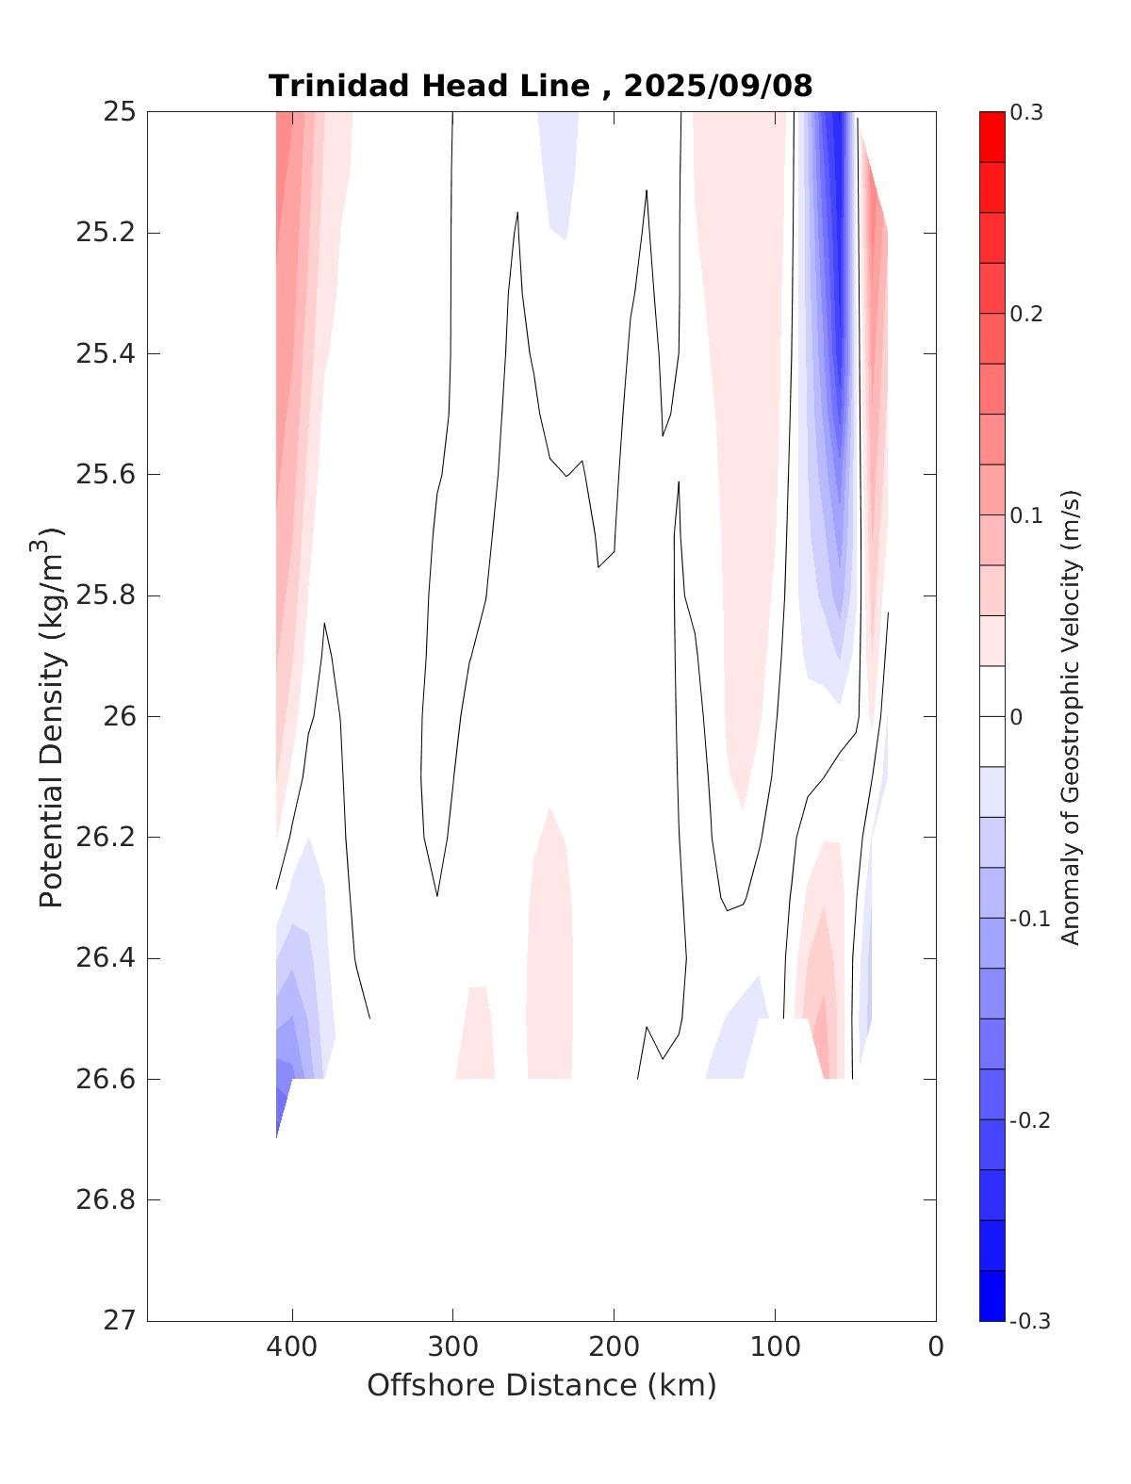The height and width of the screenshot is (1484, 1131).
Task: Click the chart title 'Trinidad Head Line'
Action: tap(429, 86)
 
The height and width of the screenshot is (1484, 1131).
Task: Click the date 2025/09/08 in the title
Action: tap(717, 86)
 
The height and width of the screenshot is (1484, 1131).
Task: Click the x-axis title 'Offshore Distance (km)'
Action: tap(541, 1385)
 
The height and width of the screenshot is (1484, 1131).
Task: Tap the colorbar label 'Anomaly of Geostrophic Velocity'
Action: tap(1070, 716)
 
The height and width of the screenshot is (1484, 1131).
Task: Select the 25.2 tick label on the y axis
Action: tap(106, 233)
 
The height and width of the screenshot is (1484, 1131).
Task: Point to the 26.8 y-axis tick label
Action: tap(106, 1200)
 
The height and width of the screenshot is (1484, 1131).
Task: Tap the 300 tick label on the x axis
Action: tap(453, 1347)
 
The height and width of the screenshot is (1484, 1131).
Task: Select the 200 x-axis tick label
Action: tap(615, 1347)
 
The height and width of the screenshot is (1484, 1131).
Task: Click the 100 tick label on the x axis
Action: tap(776, 1347)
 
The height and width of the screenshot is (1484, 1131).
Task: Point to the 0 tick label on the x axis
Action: tap(936, 1347)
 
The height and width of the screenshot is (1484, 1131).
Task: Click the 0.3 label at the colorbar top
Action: tap(1026, 113)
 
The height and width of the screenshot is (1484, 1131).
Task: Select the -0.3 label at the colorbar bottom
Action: tap(1029, 1321)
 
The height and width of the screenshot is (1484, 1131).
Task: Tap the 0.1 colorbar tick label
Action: tap(1026, 515)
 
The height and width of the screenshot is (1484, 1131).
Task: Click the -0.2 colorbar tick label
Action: tap(1029, 1120)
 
